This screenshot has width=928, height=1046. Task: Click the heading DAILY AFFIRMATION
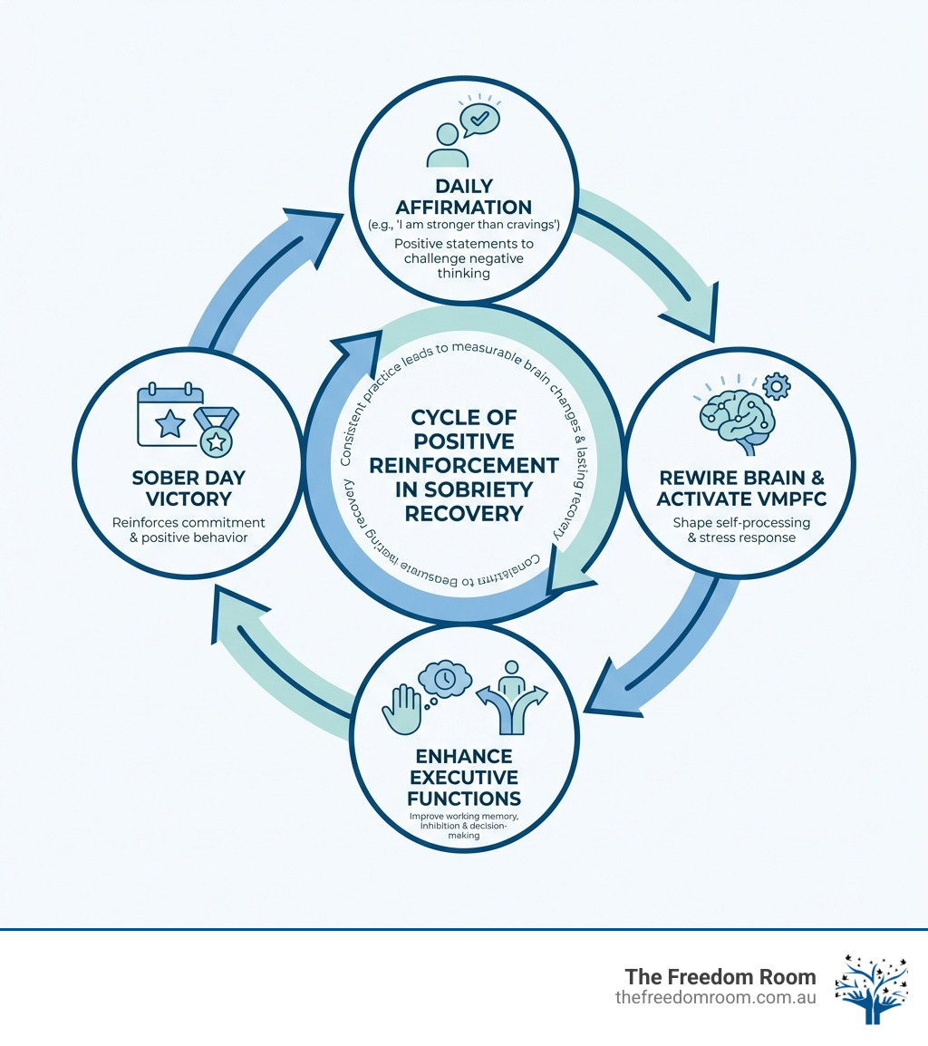click(463, 195)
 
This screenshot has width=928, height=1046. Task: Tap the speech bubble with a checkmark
click(478, 119)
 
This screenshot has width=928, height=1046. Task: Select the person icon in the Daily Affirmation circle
click(446, 146)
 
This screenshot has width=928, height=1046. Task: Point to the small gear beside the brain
click(777, 387)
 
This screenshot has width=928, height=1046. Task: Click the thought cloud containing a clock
click(445, 679)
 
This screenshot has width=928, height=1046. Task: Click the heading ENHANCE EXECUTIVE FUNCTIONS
click(464, 777)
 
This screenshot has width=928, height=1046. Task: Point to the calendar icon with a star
click(169, 418)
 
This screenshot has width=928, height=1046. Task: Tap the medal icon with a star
click(217, 432)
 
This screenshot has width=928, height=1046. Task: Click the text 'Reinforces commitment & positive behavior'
click(189, 530)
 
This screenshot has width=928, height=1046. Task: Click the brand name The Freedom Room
click(720, 977)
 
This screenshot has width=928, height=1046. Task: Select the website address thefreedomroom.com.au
click(715, 997)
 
